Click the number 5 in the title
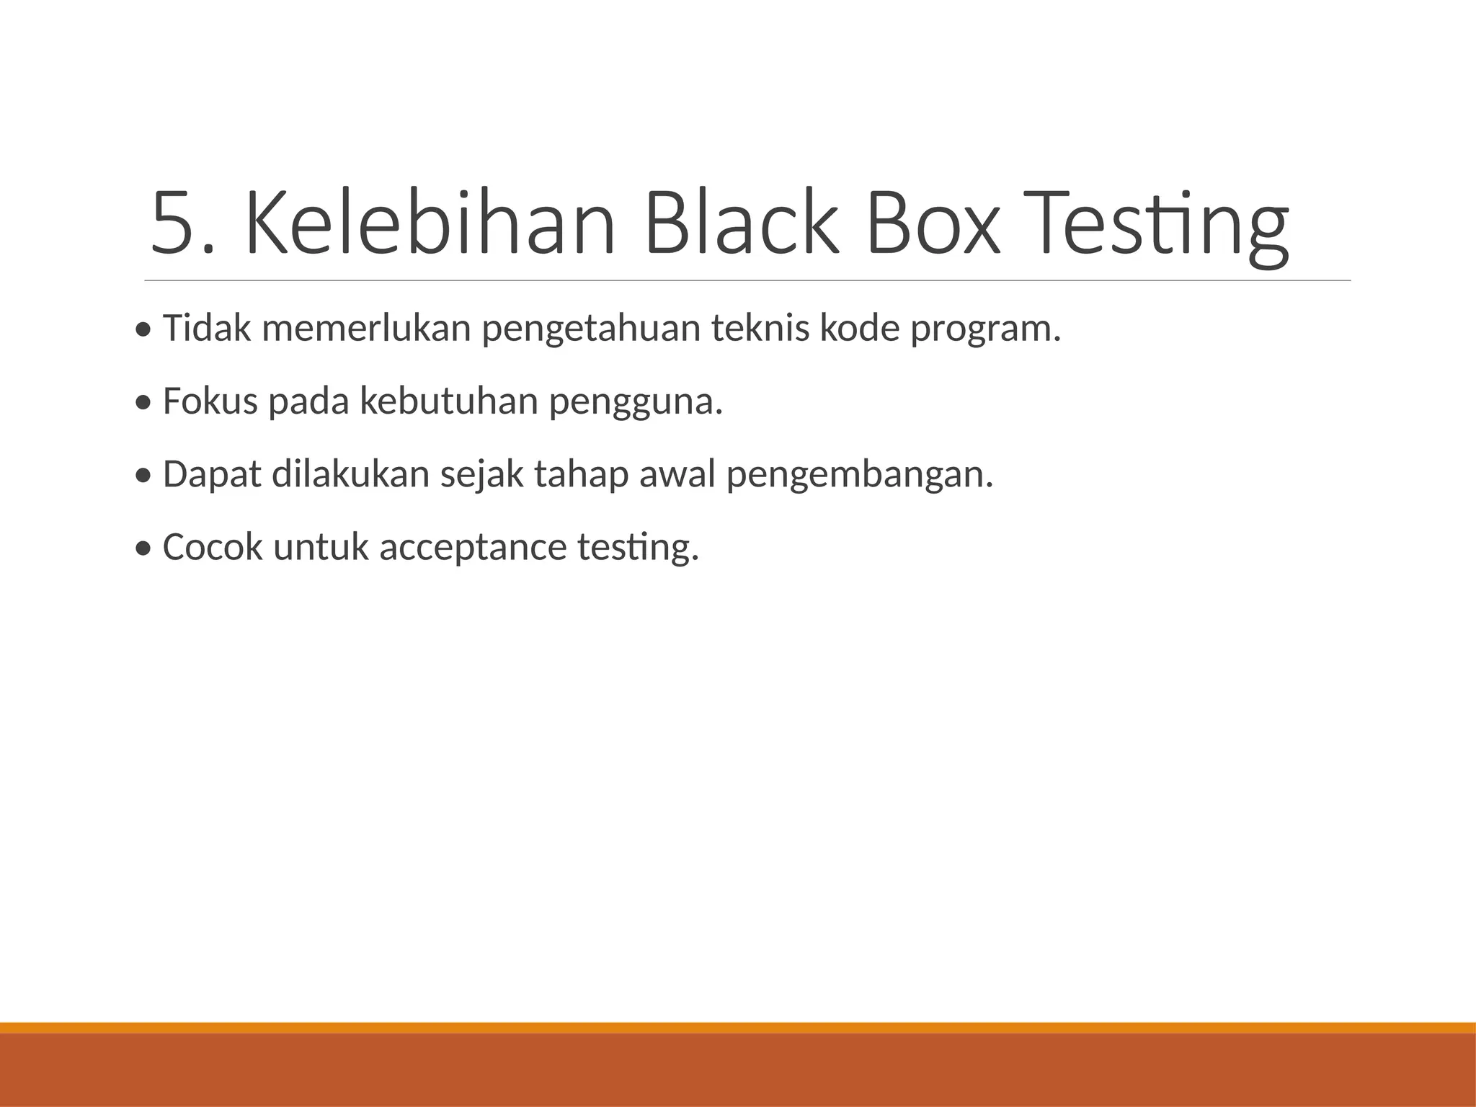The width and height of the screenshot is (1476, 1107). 173,223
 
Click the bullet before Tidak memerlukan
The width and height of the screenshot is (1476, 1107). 143,331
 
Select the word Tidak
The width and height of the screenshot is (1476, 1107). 208,329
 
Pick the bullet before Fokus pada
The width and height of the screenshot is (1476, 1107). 143,404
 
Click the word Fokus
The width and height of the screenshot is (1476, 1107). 210,401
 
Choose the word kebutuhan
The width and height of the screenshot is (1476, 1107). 449,401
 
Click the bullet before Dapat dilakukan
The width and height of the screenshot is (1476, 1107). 143,476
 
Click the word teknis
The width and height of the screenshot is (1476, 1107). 760,329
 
